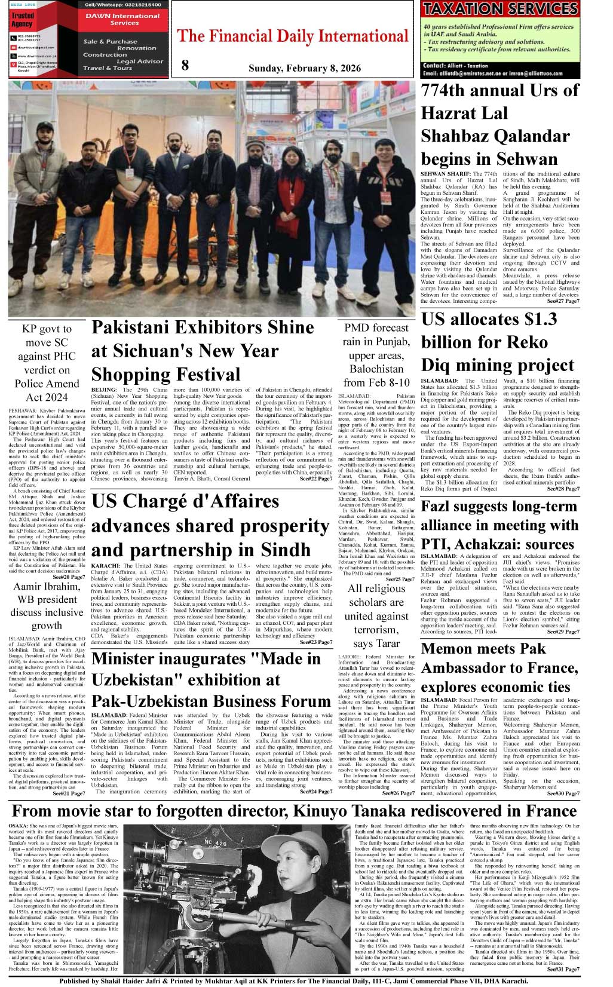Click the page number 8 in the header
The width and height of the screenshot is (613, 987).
pos(185,65)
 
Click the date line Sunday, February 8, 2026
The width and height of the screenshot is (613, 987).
pos(304,68)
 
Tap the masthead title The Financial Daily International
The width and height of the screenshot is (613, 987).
pos(293,36)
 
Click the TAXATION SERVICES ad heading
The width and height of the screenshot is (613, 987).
pos(499,9)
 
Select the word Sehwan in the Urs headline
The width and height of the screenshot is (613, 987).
pos(519,159)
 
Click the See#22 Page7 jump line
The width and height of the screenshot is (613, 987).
pos(315,479)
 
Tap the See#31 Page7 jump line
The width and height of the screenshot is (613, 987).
pos(563,969)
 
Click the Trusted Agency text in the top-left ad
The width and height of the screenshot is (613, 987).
pos(23,20)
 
